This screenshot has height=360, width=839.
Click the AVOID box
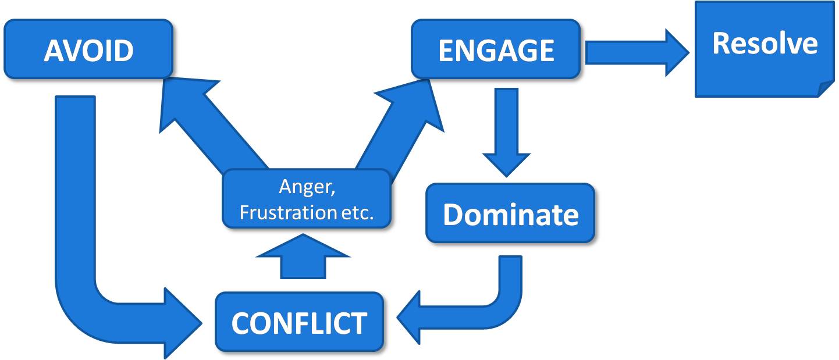pyautogui.click(x=88, y=49)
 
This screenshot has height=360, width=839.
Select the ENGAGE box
pyautogui.click(x=496, y=49)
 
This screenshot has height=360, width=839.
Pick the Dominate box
pyautogui.click(x=510, y=213)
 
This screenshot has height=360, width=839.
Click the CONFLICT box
pyautogui.click(x=299, y=322)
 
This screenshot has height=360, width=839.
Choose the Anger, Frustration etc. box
pyautogui.click(x=306, y=198)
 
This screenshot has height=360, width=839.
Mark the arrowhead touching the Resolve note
pyautogui.click(x=678, y=52)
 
